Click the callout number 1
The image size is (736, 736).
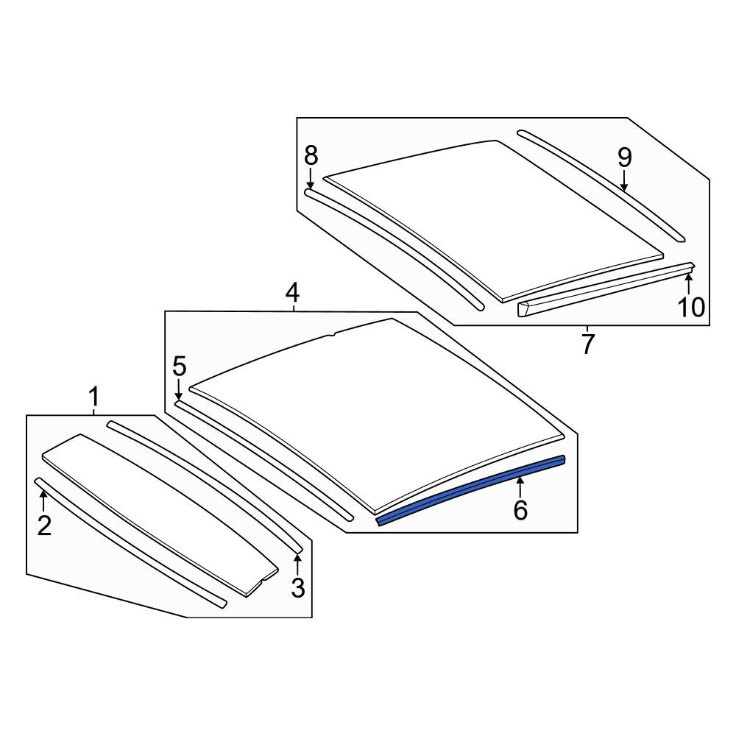click(94, 397)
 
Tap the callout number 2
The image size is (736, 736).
click(44, 526)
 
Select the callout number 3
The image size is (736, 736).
click(298, 588)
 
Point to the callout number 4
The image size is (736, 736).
click(292, 293)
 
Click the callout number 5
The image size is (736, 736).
click(180, 366)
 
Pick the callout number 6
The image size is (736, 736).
click(520, 510)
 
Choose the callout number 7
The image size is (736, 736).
click(587, 344)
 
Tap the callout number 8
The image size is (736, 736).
click(311, 155)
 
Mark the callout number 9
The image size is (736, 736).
click(624, 158)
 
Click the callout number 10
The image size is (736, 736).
click(691, 308)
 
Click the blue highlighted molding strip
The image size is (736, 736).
click(470, 489)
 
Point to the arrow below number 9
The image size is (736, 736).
click(624, 180)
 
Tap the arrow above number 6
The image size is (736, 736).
click(520, 487)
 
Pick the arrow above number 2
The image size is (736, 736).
click(43, 500)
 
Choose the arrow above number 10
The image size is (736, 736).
click(689, 285)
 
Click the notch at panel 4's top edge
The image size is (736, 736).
click(333, 335)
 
